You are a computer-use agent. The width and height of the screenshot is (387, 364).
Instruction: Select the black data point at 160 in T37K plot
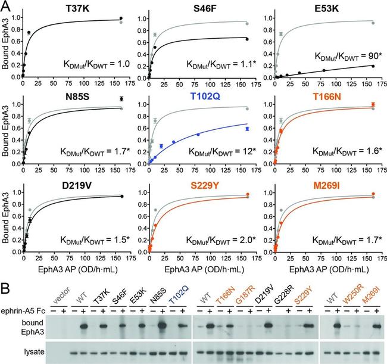121,18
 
